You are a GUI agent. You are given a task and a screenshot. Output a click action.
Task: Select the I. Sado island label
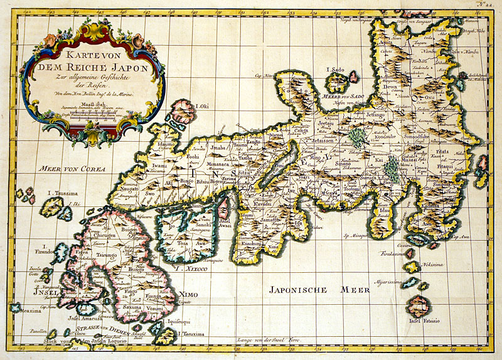point(336,70)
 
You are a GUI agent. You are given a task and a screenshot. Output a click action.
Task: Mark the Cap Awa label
point(462,237)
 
